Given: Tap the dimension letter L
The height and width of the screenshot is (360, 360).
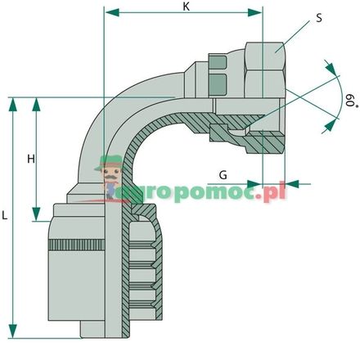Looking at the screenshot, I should coord(6,216).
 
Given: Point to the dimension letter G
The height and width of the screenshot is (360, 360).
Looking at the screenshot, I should coord(223,175).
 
